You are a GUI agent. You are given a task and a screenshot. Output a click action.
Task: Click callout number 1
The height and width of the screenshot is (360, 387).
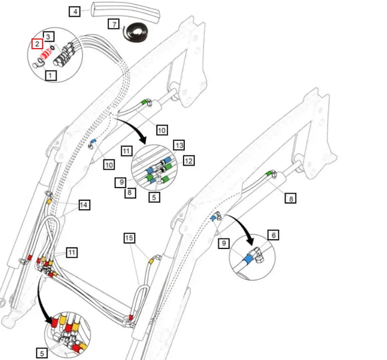click(x=51, y=75)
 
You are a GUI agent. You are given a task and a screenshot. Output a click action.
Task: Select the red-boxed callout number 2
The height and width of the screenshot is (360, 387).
click(x=37, y=44)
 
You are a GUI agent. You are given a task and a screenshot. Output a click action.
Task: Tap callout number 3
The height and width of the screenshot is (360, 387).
click(x=48, y=37)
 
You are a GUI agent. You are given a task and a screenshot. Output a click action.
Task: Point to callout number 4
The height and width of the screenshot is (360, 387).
click(x=75, y=11)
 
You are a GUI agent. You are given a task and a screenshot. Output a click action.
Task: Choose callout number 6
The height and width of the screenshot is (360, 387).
click(x=274, y=235)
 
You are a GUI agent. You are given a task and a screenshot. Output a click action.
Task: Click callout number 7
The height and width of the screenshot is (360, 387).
click(x=114, y=24)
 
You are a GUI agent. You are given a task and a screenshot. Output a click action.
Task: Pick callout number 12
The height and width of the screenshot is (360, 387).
click(x=189, y=161)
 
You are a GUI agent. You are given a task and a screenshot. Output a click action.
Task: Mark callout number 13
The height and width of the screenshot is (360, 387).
click(x=179, y=146)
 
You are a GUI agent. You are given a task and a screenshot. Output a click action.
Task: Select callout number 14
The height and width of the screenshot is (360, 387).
click(x=84, y=205)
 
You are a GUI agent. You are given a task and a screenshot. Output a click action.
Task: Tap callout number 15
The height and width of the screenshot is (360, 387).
click(x=129, y=238)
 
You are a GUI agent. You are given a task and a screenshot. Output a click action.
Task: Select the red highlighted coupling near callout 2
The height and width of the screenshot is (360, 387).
click(x=47, y=54)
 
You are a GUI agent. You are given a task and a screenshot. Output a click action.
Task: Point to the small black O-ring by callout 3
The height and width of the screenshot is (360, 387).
click(x=52, y=47)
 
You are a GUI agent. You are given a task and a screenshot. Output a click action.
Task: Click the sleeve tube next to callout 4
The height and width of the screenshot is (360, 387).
click(x=126, y=12)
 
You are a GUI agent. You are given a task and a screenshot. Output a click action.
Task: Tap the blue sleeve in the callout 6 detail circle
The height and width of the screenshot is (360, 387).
click(x=248, y=258)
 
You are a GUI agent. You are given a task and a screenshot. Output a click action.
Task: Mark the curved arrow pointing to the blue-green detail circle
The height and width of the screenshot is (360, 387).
click(x=135, y=128)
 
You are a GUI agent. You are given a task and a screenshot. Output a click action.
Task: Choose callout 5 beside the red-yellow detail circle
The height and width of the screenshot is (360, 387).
click(x=42, y=353)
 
